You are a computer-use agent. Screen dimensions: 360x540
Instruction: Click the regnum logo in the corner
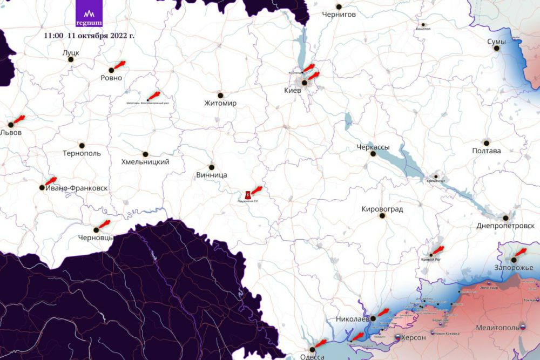coord(89,16)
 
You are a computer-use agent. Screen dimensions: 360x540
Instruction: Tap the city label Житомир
coord(220,103)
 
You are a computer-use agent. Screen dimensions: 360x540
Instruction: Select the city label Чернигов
coord(339,15)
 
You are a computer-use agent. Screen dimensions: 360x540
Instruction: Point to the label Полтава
coord(486,151)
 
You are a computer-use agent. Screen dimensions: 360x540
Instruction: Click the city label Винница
coord(212,175)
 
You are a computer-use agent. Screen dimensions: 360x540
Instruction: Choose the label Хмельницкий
coord(145,162)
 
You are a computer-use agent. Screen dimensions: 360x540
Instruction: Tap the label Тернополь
coord(82,153)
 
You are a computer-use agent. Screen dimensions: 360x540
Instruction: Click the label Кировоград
coord(382,209)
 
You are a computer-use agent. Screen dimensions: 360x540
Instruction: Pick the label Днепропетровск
coord(505,226)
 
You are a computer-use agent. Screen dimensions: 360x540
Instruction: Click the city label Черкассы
coord(373,147)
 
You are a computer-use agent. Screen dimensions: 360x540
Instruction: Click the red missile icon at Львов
coord(18,119)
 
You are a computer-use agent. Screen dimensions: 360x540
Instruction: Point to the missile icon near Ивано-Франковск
coord(51,181)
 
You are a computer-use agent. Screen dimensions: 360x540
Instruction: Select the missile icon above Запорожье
coord(521,252)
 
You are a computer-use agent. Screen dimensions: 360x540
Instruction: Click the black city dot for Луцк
coord(71,59)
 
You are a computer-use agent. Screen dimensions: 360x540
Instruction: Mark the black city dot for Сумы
coord(496,48)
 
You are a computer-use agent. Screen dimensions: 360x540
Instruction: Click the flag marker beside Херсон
coord(398,337)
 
